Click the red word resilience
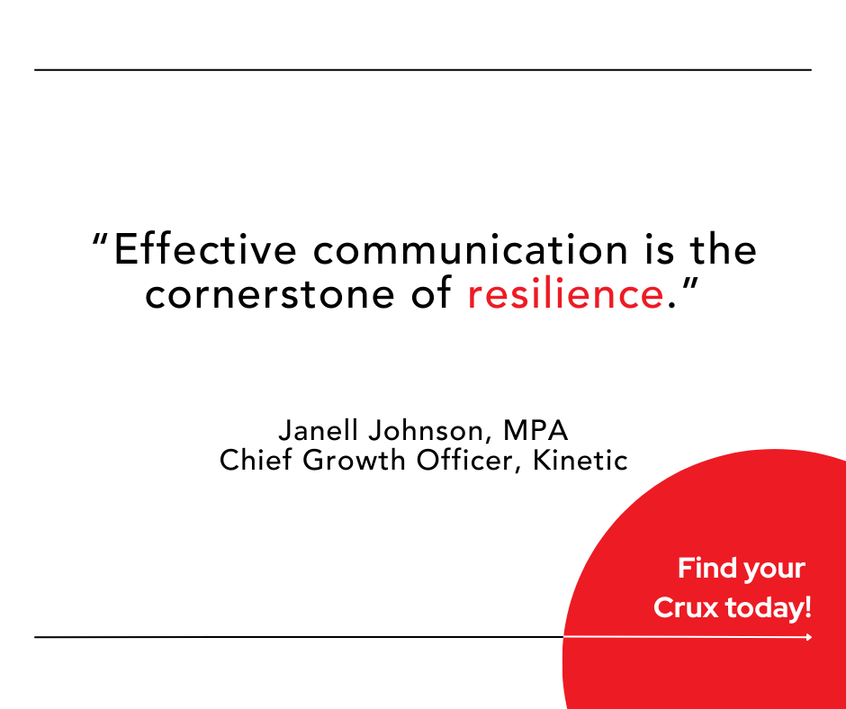[565, 294]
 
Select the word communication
[471, 249]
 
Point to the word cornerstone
[270, 295]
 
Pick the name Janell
[319, 430]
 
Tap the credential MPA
[535, 430]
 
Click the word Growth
[354, 460]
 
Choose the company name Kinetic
[580, 460]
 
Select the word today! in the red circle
[769, 607]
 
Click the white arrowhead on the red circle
[809, 637]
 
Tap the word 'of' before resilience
[431, 294]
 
